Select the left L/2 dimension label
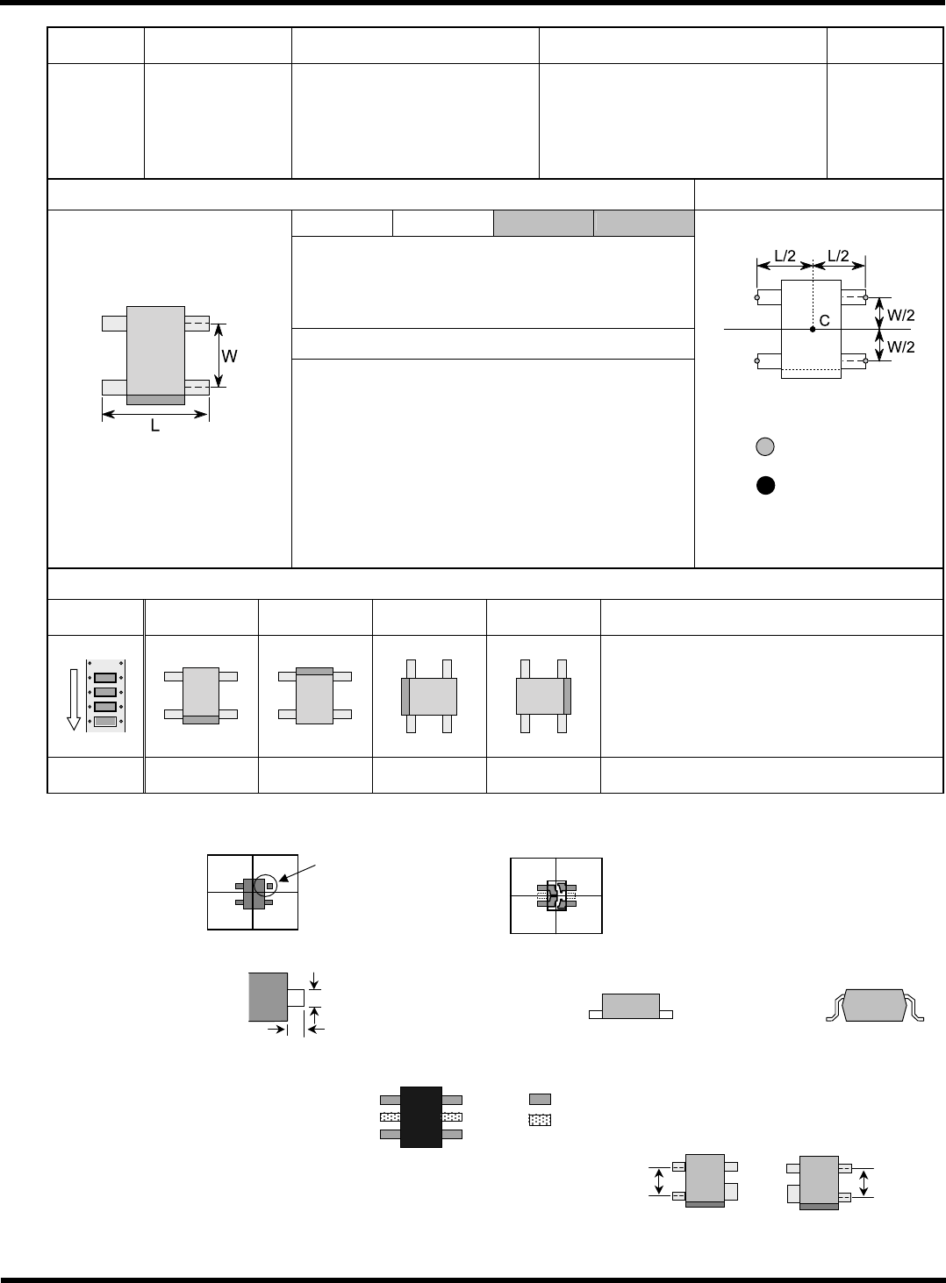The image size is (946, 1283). [785, 255]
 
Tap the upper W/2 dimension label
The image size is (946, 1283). [900, 312]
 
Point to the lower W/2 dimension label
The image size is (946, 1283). [900, 346]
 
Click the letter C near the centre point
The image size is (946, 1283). [825, 321]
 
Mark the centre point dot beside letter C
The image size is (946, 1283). [813, 328]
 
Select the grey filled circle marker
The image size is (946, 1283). [765, 446]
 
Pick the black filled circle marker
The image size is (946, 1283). [765, 486]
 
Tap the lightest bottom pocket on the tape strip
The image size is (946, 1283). [105, 722]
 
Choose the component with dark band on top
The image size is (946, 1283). [314, 695]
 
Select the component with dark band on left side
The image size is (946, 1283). [428, 696]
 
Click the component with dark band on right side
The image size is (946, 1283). [543, 696]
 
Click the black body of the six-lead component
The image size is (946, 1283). [420, 1116]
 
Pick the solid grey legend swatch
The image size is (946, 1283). [540, 1099]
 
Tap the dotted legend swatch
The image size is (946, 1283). [540, 1118]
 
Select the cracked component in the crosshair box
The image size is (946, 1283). [556, 895]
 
